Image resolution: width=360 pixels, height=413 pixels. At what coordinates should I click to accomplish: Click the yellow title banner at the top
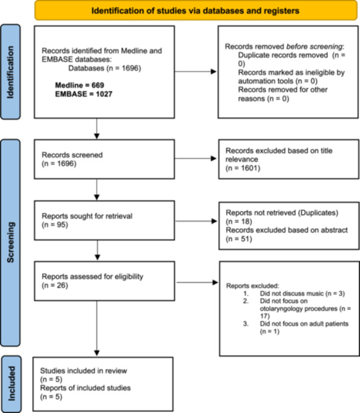(196, 11)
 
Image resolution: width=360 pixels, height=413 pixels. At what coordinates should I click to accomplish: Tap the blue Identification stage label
(10, 72)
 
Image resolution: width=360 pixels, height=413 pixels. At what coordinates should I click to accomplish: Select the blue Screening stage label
(10, 242)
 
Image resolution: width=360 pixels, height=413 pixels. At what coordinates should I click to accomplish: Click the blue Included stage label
(11, 383)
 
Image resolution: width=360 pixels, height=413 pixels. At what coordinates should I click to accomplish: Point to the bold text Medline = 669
(80, 86)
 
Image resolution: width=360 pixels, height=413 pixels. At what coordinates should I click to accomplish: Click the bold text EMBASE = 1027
(84, 94)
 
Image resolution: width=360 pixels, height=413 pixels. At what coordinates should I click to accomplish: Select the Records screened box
(105, 159)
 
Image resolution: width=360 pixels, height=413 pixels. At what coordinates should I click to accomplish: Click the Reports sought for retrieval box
(105, 220)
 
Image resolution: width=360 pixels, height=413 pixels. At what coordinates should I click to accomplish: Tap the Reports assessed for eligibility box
(105, 281)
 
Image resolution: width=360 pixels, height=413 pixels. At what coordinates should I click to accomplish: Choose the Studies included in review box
(103, 384)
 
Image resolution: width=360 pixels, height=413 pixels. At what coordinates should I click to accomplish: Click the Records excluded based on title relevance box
(289, 159)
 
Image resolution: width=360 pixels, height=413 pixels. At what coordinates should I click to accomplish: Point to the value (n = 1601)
(243, 168)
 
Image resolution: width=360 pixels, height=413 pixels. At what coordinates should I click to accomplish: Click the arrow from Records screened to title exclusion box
(195, 159)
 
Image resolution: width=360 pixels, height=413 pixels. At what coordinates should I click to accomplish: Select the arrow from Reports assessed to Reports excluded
(197, 283)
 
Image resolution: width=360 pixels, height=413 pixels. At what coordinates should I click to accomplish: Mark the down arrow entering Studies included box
(97, 329)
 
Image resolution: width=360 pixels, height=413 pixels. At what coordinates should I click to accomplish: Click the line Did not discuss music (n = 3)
(302, 294)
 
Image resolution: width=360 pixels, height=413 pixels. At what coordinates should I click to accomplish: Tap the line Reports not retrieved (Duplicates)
(282, 213)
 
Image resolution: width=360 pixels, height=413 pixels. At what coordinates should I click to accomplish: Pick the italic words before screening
(314, 46)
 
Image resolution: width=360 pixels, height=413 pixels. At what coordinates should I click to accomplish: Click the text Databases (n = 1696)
(105, 68)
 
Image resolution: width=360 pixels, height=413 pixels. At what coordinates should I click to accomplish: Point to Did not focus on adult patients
(304, 324)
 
